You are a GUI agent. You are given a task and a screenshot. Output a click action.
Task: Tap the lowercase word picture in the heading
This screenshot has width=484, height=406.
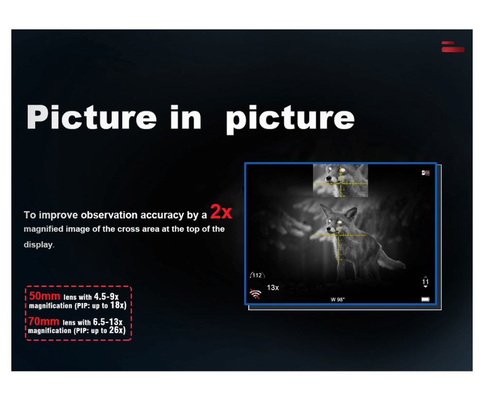pyautogui.click(x=290, y=119)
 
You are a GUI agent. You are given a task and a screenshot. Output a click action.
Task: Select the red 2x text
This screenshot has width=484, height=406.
pyautogui.click(x=221, y=212)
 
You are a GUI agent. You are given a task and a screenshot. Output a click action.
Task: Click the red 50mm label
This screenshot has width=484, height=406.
pyautogui.click(x=44, y=296)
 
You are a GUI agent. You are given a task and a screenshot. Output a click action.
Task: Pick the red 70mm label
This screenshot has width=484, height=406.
pyautogui.click(x=44, y=322)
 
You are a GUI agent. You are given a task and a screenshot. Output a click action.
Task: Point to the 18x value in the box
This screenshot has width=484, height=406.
pyautogui.click(x=118, y=305)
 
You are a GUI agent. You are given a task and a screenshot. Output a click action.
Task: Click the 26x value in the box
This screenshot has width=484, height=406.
pyautogui.click(x=117, y=330)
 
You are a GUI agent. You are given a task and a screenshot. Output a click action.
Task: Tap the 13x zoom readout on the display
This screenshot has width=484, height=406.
pyautogui.click(x=273, y=287)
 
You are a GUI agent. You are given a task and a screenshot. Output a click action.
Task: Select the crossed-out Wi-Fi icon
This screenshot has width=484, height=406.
pyautogui.click(x=255, y=294)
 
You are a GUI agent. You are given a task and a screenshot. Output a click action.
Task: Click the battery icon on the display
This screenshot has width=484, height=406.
pyautogui.click(x=425, y=299)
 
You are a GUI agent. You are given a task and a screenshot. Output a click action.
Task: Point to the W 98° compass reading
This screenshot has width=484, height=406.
pyautogui.click(x=338, y=299)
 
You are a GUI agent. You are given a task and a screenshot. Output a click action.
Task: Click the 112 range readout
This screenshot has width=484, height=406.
pyautogui.click(x=257, y=275)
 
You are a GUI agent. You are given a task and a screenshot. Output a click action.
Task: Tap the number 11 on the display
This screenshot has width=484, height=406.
pyautogui.click(x=425, y=282)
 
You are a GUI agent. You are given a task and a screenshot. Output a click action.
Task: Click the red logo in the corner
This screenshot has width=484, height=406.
pyautogui.click(x=453, y=47)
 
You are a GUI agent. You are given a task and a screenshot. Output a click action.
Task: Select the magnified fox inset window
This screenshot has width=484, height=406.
pyautogui.click(x=340, y=180)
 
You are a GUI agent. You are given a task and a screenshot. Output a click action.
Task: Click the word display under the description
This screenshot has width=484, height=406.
pyautogui.click(x=38, y=245)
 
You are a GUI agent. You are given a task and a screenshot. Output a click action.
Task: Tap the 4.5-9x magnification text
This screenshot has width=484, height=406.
pyautogui.click(x=107, y=297)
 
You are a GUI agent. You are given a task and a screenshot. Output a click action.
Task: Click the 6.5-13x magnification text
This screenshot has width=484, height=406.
pyautogui.click(x=108, y=322)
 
